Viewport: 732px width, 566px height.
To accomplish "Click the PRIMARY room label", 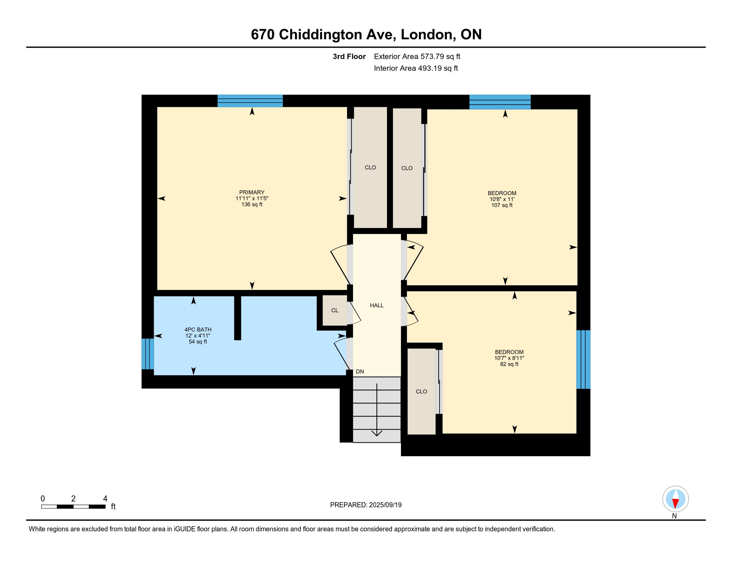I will pyautogui.click(x=252, y=192).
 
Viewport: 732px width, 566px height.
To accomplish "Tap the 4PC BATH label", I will pyautogui.click(x=198, y=330).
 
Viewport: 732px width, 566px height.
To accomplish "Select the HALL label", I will pyautogui.click(x=377, y=305).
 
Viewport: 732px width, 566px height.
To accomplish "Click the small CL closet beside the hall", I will pyautogui.click(x=335, y=311).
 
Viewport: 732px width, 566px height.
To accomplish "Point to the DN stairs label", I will pyautogui.click(x=360, y=372).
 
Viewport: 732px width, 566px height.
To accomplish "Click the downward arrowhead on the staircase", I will pyautogui.click(x=377, y=433).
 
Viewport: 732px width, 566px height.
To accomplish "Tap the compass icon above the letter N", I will pyautogui.click(x=675, y=499).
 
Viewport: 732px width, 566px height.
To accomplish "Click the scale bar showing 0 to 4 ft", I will pyautogui.click(x=73, y=507).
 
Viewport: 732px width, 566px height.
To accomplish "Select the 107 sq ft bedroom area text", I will pyautogui.click(x=502, y=205).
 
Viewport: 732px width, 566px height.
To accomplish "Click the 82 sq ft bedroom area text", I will pyautogui.click(x=509, y=364).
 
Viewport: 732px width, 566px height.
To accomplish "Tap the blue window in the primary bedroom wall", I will pyautogui.click(x=250, y=101).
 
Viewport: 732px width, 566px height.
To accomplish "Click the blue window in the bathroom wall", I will pyautogui.click(x=148, y=354).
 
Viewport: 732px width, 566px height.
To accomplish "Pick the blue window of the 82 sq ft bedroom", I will pyautogui.click(x=583, y=359).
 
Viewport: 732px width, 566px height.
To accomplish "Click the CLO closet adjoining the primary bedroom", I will pyautogui.click(x=370, y=168).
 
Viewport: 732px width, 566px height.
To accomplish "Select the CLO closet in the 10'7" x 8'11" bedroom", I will pyautogui.click(x=421, y=391).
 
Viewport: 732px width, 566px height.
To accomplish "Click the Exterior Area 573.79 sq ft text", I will pyautogui.click(x=417, y=56).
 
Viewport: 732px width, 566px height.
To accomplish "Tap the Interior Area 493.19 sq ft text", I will pyautogui.click(x=416, y=68).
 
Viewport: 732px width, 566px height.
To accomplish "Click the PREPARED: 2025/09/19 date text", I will pyautogui.click(x=366, y=505).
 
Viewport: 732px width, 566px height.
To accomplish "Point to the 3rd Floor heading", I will pyautogui.click(x=349, y=56).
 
